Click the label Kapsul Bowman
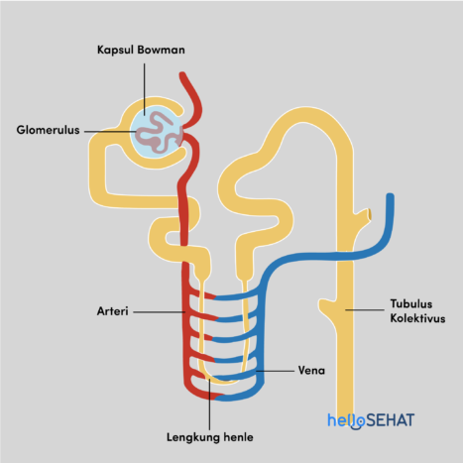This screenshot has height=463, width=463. [141, 50]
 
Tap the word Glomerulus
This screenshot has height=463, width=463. [48, 130]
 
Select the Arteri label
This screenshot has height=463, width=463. [112, 311]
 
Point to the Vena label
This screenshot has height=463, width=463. [311, 371]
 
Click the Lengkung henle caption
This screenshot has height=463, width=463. [210, 437]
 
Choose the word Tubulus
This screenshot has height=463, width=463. [411, 303]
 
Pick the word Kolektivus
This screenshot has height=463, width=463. [417, 318]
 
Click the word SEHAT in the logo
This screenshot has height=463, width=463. [390, 420]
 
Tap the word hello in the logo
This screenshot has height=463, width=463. [346, 421]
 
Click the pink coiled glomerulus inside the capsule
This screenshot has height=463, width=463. [158, 132]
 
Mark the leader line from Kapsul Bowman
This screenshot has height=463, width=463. [145, 89]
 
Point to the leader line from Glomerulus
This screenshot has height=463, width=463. [110, 131]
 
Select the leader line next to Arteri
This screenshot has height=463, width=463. [159, 311]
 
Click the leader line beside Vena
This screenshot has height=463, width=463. [276, 371]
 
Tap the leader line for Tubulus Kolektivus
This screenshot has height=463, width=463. [365, 309]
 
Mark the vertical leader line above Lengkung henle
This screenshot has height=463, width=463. [209, 405]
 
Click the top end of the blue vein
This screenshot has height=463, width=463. [391, 195]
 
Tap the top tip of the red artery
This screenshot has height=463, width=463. [182, 74]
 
